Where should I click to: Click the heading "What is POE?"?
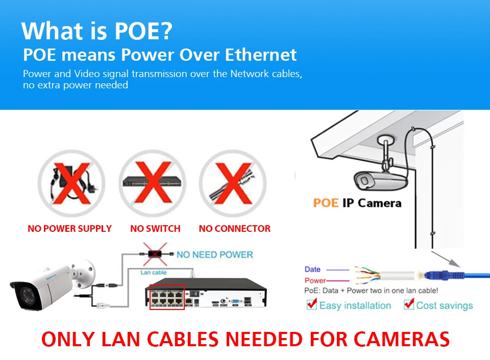(97, 31)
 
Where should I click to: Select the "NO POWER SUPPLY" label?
(69, 229)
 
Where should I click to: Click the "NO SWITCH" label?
(155, 229)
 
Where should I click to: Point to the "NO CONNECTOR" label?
(235, 229)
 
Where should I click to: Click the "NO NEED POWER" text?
(214, 254)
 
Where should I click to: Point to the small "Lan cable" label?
(153, 273)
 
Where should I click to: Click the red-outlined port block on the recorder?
(167, 297)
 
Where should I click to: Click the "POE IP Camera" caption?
(357, 203)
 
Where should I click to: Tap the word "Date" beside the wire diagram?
(312, 270)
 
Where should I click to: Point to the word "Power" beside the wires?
(315, 280)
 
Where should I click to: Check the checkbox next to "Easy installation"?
(311, 304)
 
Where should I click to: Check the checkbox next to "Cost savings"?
(408, 304)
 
